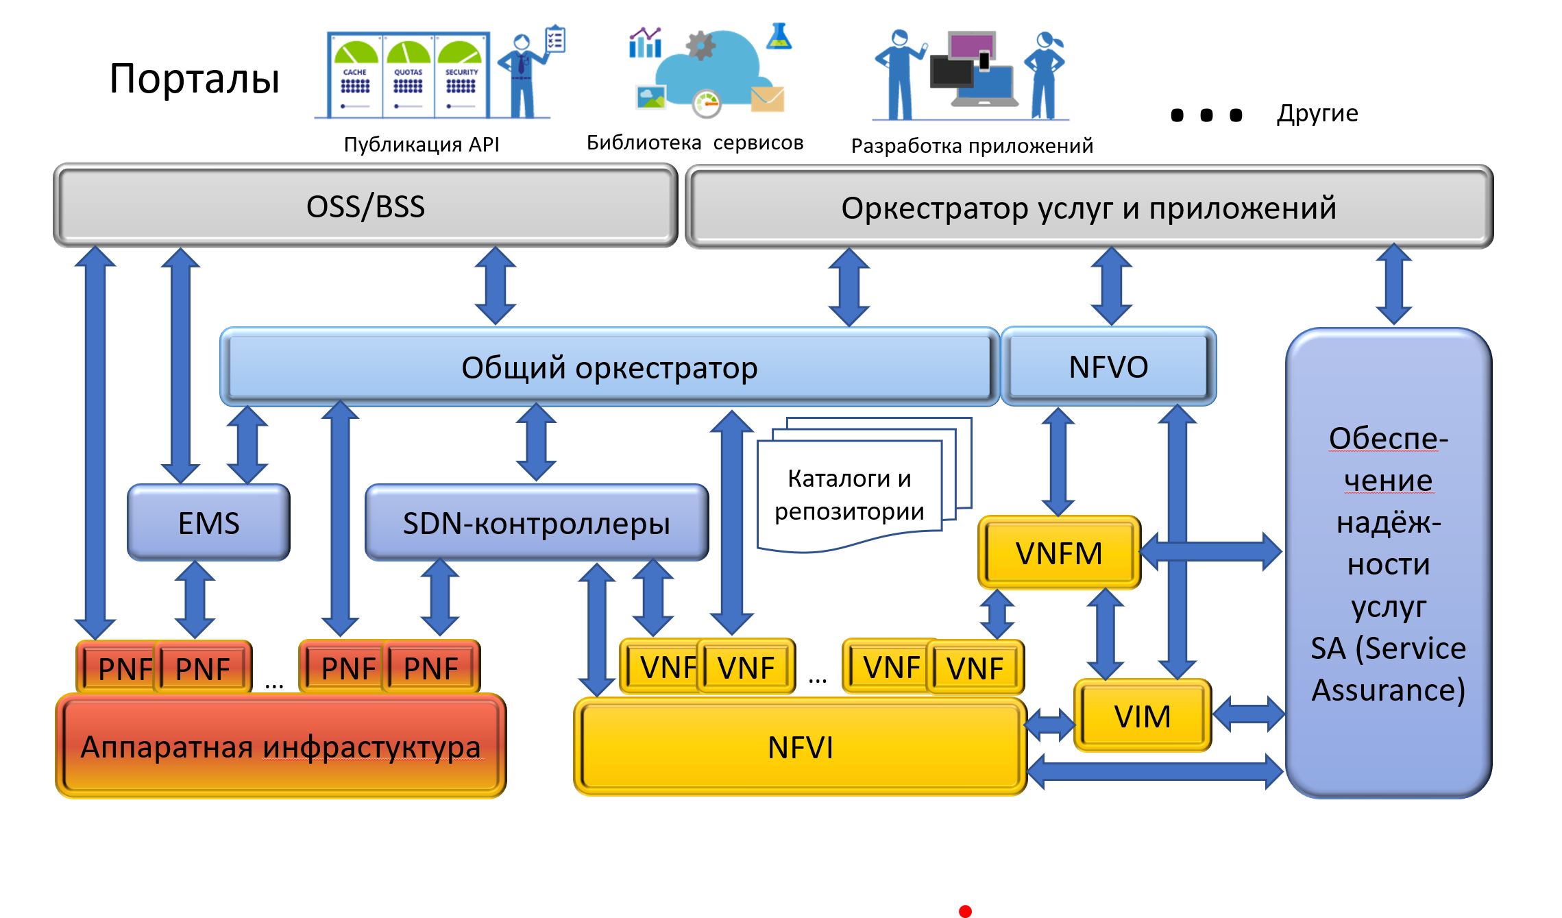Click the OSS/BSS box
coord(365,206)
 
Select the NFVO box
coord(1108,367)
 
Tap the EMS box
coord(208,523)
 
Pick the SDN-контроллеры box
coord(536,523)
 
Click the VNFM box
coord(1059,553)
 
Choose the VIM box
coord(1142,716)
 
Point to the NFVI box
coord(800,747)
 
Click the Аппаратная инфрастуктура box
coord(280,747)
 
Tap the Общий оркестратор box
coord(609,367)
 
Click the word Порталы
coord(194,78)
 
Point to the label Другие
coord(1317,113)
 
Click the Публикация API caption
coord(421,145)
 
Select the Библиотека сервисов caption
coord(694,143)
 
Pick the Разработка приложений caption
coord(971,146)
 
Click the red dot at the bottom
coord(965,911)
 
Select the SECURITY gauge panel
coord(461,75)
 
